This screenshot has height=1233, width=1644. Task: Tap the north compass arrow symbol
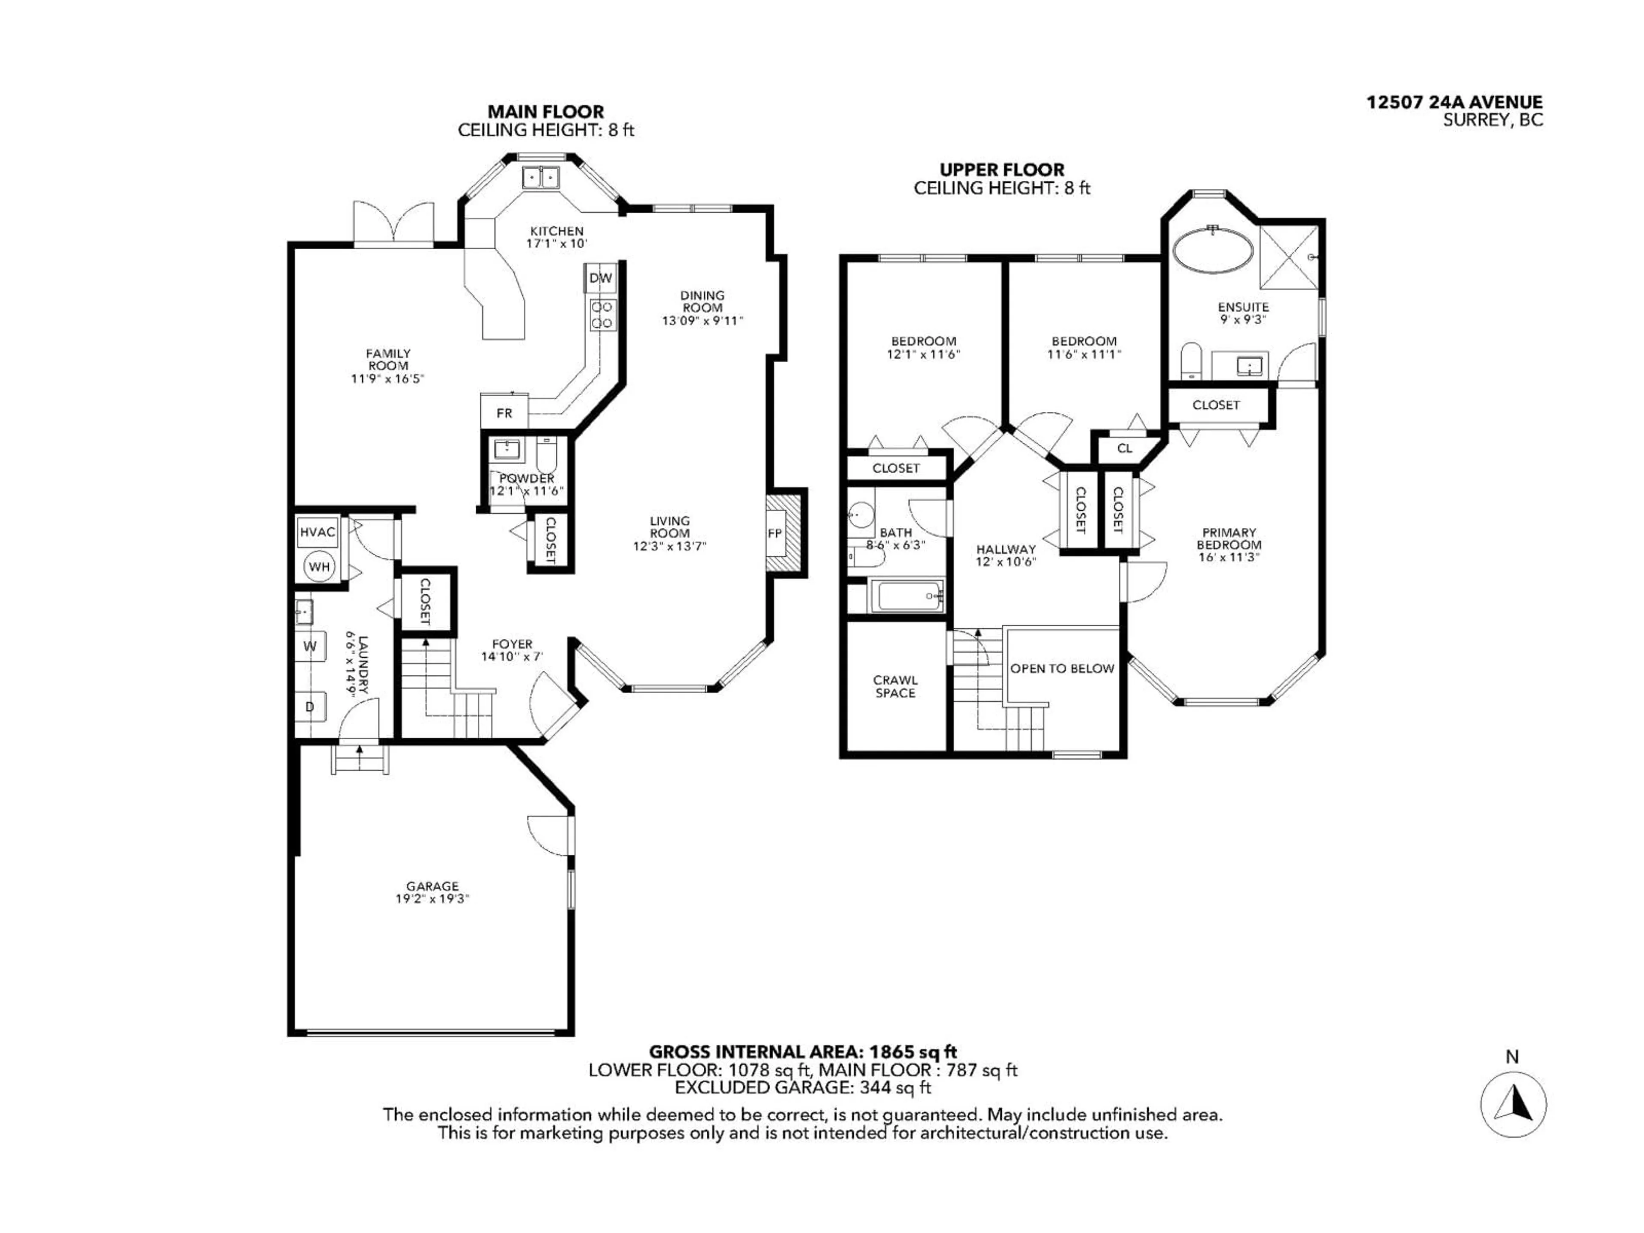click(1513, 1104)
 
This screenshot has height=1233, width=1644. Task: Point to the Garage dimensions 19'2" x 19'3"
click(432, 899)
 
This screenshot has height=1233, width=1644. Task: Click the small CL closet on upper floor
click(1125, 448)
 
